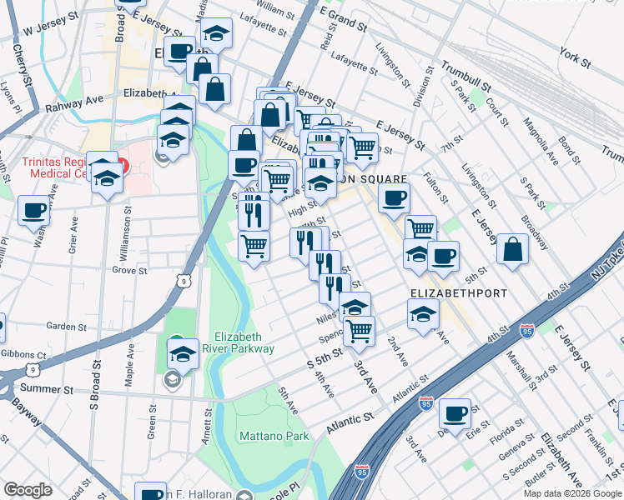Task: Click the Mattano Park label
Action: [x=274, y=436]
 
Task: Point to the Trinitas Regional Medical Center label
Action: [x=54, y=167]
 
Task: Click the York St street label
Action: [x=576, y=61]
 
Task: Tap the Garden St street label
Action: [x=67, y=326]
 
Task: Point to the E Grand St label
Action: [x=343, y=16]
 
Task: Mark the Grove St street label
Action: [x=129, y=270]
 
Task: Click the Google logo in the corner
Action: [x=28, y=490]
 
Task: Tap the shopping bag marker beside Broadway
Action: [x=512, y=248]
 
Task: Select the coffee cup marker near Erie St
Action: [x=455, y=412]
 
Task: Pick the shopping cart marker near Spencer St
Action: [x=359, y=330]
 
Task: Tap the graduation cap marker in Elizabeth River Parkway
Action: [x=183, y=353]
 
